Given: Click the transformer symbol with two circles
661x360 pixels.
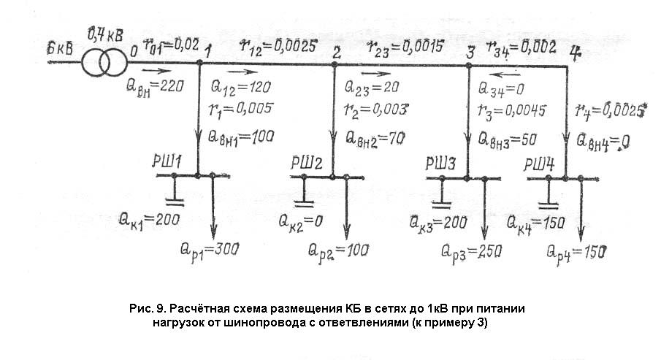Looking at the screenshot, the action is click(102, 63).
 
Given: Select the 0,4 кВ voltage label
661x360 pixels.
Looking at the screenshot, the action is click(104, 34).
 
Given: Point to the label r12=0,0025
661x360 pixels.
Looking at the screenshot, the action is click(278, 46).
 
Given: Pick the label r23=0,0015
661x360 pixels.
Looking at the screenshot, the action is click(407, 47).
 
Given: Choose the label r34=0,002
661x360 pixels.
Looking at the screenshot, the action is click(522, 47).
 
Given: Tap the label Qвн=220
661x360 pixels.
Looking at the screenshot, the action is click(155, 85).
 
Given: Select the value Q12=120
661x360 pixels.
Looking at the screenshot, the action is click(240, 87).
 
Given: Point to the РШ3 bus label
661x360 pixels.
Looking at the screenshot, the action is click(443, 164).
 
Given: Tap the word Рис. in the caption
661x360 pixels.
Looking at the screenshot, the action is click(142, 309).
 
